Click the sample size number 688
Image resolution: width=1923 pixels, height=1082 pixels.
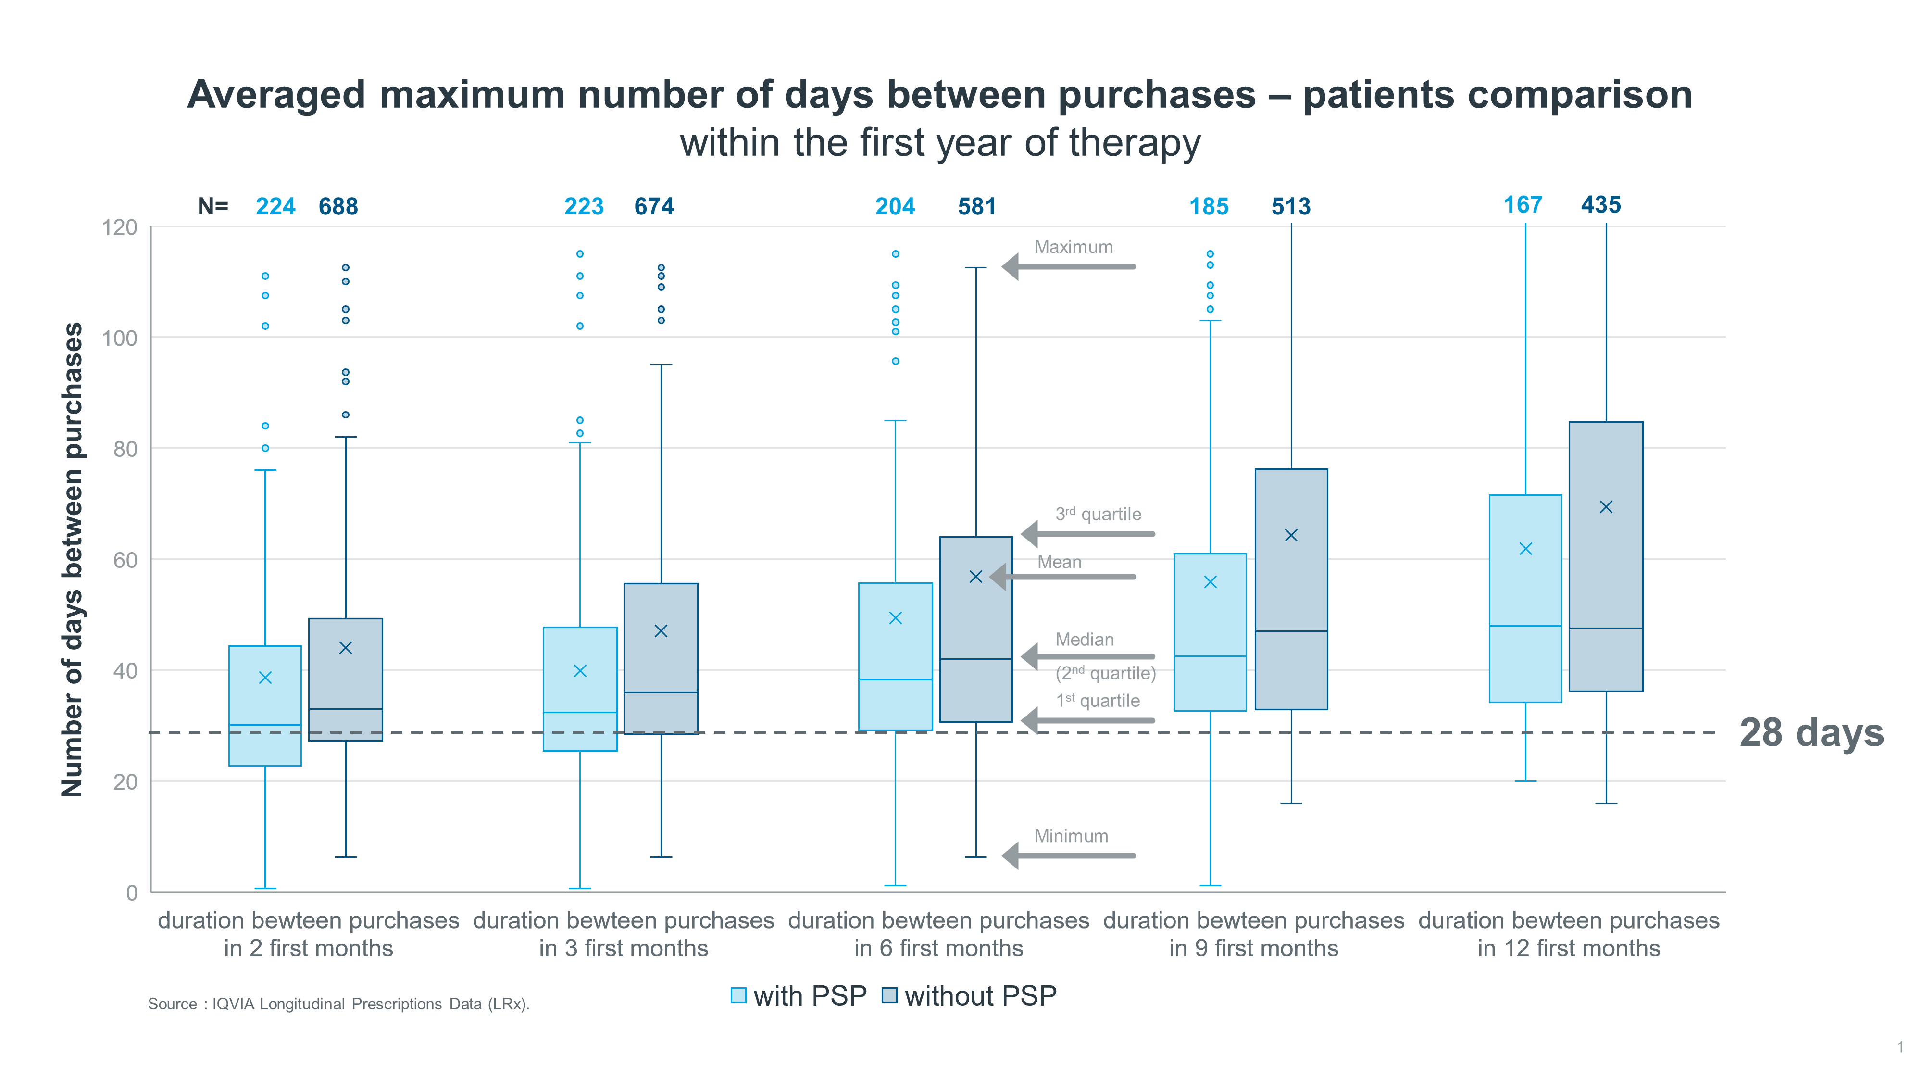click(x=338, y=206)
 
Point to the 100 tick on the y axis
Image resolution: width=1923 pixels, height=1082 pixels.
click(x=119, y=338)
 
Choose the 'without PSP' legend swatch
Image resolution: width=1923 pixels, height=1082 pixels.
click(x=889, y=995)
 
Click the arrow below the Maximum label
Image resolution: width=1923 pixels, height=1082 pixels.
click(x=1069, y=266)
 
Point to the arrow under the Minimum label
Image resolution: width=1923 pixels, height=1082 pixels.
click(x=1069, y=856)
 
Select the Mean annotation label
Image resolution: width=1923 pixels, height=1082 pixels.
click(x=1059, y=562)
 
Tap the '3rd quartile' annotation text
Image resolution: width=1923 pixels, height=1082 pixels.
click(x=1098, y=515)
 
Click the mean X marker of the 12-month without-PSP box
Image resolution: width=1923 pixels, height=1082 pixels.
click(x=1606, y=507)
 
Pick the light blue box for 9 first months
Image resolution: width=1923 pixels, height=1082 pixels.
click(x=1210, y=632)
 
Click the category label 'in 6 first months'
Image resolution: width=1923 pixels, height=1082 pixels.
click(x=938, y=948)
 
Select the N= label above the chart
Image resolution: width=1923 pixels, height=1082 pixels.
click(x=213, y=206)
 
